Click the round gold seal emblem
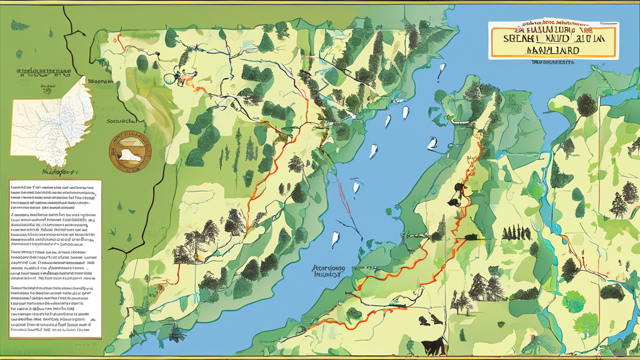pos(131,152)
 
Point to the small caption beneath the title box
pos(552,62)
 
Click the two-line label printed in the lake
pos(328,270)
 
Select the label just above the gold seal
pos(121,121)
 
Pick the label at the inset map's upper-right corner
pos(99,82)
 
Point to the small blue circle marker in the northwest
pos(168,79)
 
